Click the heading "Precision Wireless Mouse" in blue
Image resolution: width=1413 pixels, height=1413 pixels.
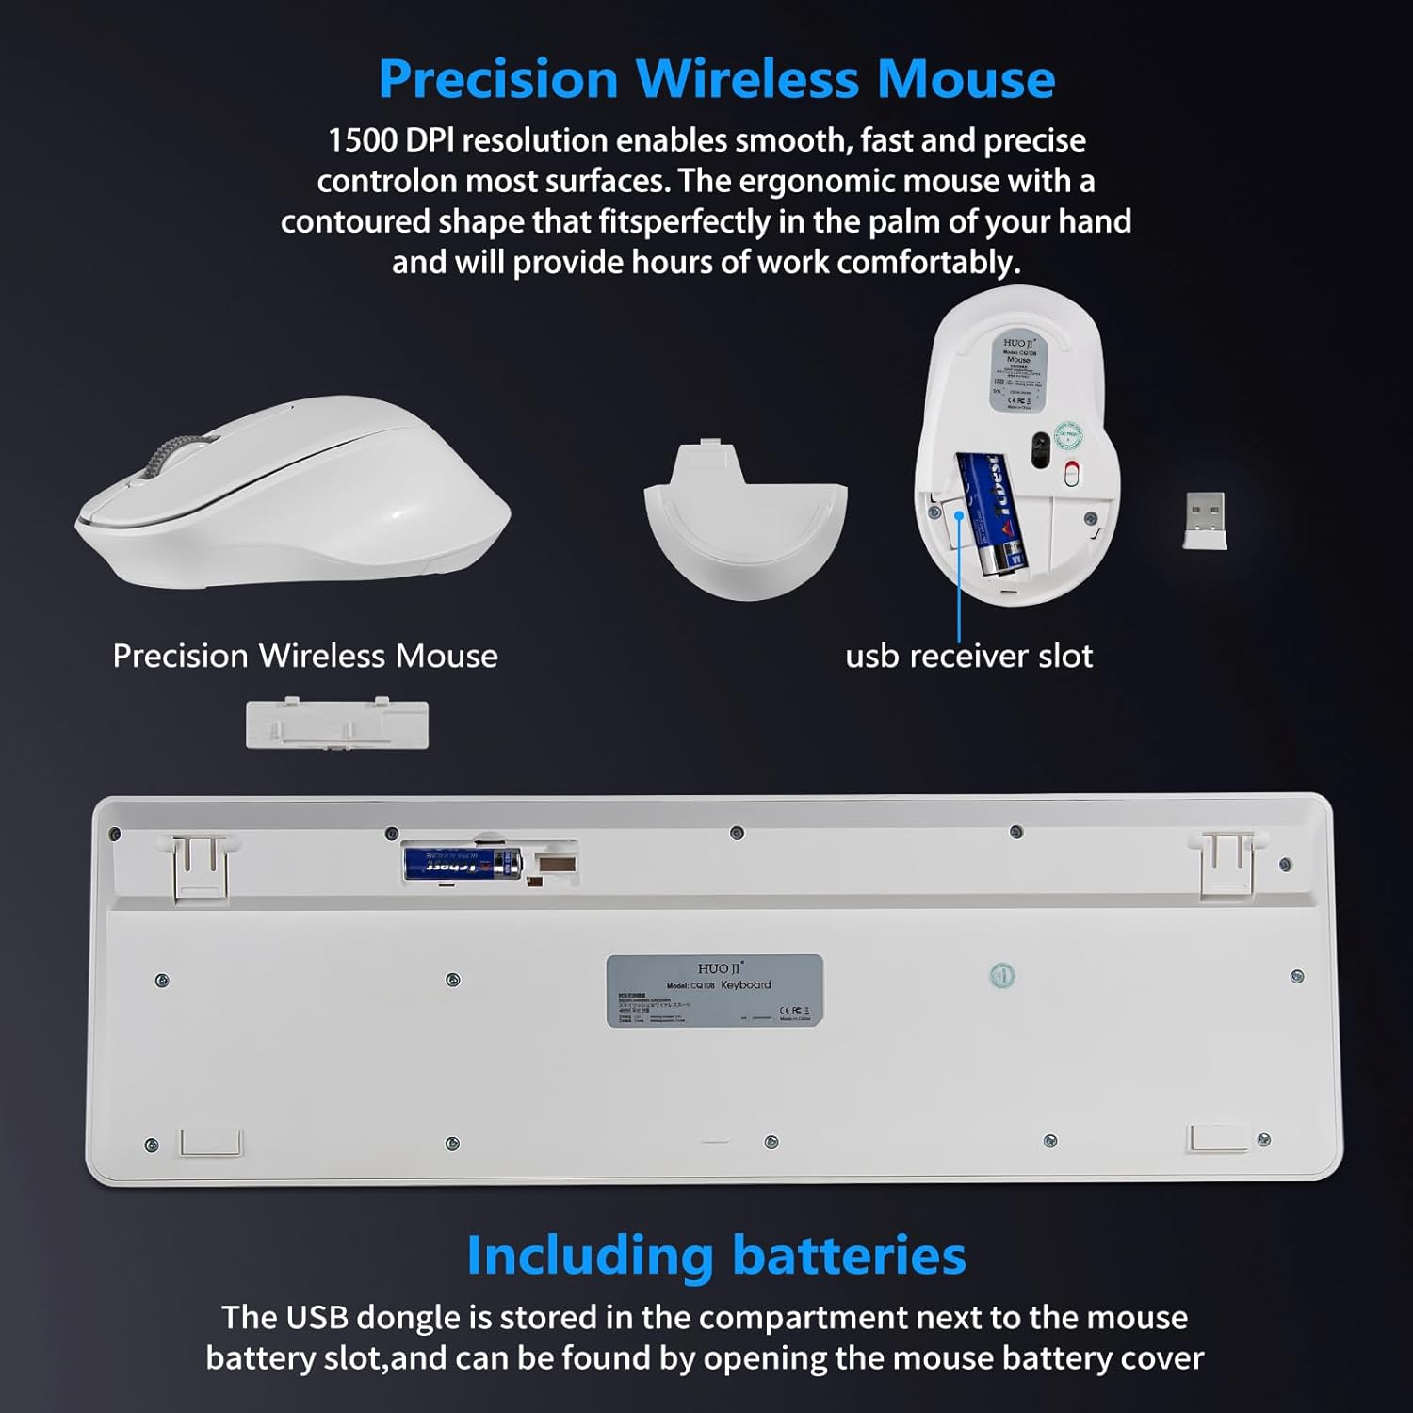point(716,79)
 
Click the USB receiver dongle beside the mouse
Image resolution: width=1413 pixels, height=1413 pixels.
point(1205,520)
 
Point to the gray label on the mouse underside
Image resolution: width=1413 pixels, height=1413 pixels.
point(1018,373)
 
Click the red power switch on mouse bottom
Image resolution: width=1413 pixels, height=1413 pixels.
point(1070,474)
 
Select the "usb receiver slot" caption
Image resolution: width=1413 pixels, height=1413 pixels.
point(968,657)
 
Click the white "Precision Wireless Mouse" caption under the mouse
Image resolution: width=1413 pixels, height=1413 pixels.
point(304,657)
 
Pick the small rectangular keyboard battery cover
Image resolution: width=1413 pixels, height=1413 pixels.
point(336,724)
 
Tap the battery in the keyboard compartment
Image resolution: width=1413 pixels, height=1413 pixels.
point(462,863)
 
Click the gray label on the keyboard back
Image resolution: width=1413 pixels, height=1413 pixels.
point(714,990)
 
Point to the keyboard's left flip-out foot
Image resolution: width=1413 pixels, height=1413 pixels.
point(200,865)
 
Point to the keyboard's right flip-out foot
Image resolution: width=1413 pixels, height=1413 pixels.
point(1226,862)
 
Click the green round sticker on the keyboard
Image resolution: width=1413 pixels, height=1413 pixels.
point(1002,976)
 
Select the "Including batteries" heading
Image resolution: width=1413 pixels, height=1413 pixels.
point(716,1256)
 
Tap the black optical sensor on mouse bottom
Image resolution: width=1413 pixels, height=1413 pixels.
point(1040,449)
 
